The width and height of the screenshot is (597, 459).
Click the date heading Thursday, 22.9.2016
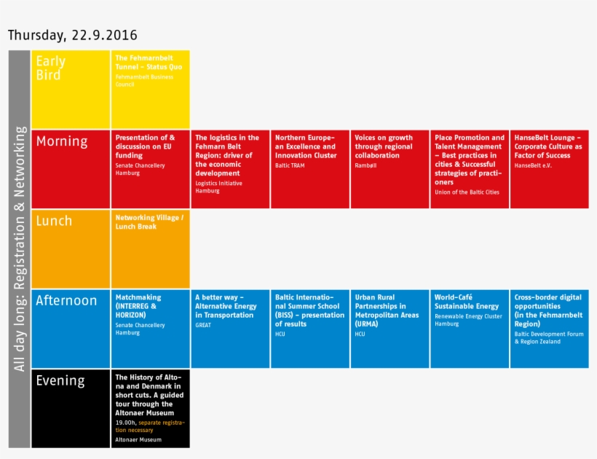coord(72,35)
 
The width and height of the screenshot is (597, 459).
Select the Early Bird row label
coord(51,68)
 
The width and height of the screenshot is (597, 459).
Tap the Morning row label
coord(62,141)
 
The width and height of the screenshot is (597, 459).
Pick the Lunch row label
coord(55,221)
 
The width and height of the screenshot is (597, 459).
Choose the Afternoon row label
coord(66,300)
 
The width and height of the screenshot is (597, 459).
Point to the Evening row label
coord(60,380)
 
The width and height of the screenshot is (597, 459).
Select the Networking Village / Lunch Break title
coord(150,221)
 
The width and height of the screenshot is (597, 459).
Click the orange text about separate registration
coord(150,425)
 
